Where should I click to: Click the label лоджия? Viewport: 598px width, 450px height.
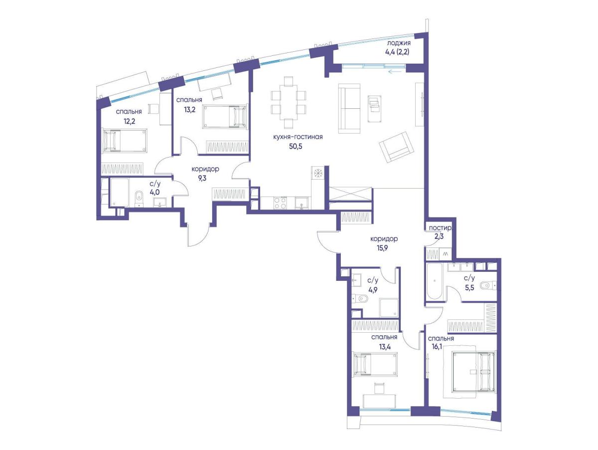point(399,43)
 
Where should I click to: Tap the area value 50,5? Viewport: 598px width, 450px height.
point(296,147)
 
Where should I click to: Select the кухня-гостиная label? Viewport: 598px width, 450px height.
point(298,137)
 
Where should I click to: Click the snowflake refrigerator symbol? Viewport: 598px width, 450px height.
point(317,173)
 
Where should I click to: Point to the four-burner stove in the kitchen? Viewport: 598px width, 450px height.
point(280,203)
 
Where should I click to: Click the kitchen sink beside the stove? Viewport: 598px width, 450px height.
point(301,203)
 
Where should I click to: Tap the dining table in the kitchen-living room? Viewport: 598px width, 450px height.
point(288,102)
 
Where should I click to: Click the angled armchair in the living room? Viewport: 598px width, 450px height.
point(396,148)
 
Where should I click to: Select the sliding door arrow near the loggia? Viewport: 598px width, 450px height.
point(395,72)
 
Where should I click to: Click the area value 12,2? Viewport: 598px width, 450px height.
point(130,121)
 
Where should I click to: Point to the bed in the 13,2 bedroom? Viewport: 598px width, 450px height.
point(225,116)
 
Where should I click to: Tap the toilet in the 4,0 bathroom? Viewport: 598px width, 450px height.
point(139,197)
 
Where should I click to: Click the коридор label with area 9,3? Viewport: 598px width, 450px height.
point(205,169)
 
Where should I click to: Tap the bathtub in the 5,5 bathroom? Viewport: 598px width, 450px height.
point(434,281)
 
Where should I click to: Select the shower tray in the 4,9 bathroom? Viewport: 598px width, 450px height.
point(389,308)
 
